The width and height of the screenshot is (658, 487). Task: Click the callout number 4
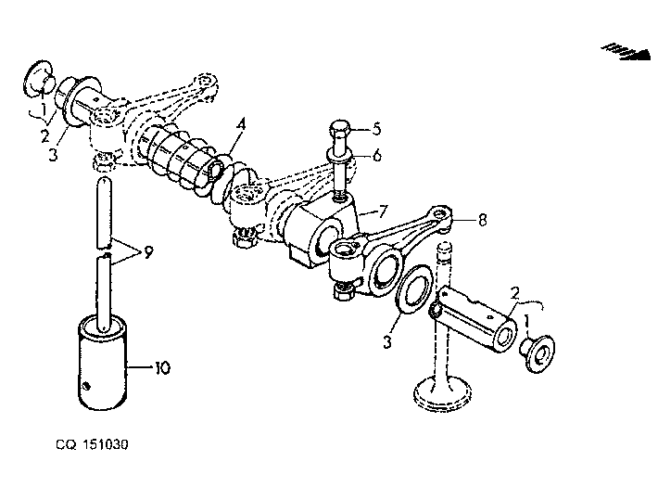(240, 125)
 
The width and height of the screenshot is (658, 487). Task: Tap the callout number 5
(376, 129)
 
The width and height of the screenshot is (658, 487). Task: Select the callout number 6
(377, 155)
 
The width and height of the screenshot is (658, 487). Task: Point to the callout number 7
(383, 211)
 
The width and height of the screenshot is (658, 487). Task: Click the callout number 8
(482, 219)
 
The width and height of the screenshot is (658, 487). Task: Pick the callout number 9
(148, 252)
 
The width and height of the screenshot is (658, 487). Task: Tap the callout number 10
(162, 367)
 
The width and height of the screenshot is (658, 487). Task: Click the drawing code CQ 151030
(92, 444)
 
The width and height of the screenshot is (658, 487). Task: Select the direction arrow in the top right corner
(626, 52)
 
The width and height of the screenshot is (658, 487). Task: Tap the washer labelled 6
(340, 157)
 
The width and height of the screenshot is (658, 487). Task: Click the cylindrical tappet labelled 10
(102, 362)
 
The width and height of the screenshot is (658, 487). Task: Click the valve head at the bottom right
(442, 393)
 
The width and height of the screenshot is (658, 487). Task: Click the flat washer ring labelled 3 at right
(414, 289)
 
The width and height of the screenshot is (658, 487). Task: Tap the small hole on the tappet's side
(86, 386)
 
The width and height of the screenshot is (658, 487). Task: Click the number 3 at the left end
(53, 155)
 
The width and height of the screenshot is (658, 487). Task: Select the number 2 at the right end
(515, 293)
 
